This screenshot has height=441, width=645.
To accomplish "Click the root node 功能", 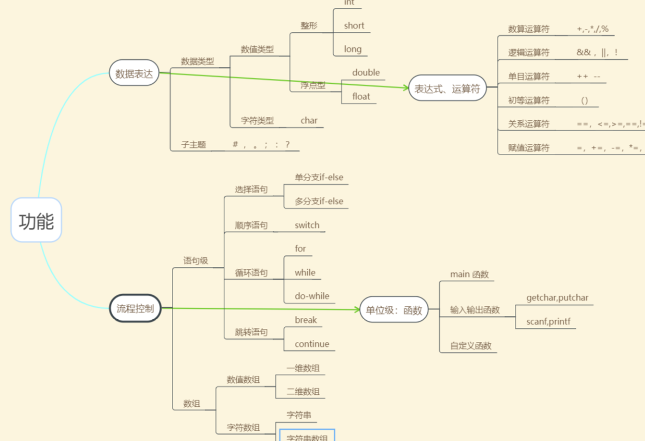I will [x=36, y=220].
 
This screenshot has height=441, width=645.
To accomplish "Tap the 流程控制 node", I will [x=135, y=308].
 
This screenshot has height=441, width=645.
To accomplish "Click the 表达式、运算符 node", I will [x=447, y=88].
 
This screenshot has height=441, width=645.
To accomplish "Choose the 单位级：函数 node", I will [x=394, y=310].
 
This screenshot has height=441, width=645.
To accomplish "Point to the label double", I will [x=366, y=73].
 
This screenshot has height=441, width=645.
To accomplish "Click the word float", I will [x=361, y=97].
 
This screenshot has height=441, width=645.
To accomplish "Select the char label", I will [x=309, y=121].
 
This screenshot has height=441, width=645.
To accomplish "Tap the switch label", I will [x=307, y=225].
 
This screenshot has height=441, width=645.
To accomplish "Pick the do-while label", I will [x=312, y=296].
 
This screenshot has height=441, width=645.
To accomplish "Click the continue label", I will [x=312, y=344].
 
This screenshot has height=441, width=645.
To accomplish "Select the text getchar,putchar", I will [x=557, y=298].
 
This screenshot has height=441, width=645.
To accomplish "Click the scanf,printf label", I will [x=548, y=321].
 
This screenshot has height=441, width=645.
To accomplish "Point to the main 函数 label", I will [x=469, y=274].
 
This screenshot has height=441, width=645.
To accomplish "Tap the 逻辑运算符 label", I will [x=529, y=53].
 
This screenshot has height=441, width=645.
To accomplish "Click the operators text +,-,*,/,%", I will [x=592, y=29].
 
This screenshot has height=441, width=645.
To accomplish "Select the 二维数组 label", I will [x=303, y=392].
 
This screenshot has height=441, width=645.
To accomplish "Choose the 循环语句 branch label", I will [x=251, y=273].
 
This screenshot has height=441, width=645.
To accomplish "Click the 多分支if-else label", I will [x=319, y=201].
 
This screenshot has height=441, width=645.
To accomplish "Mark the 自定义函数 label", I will [x=470, y=345].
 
